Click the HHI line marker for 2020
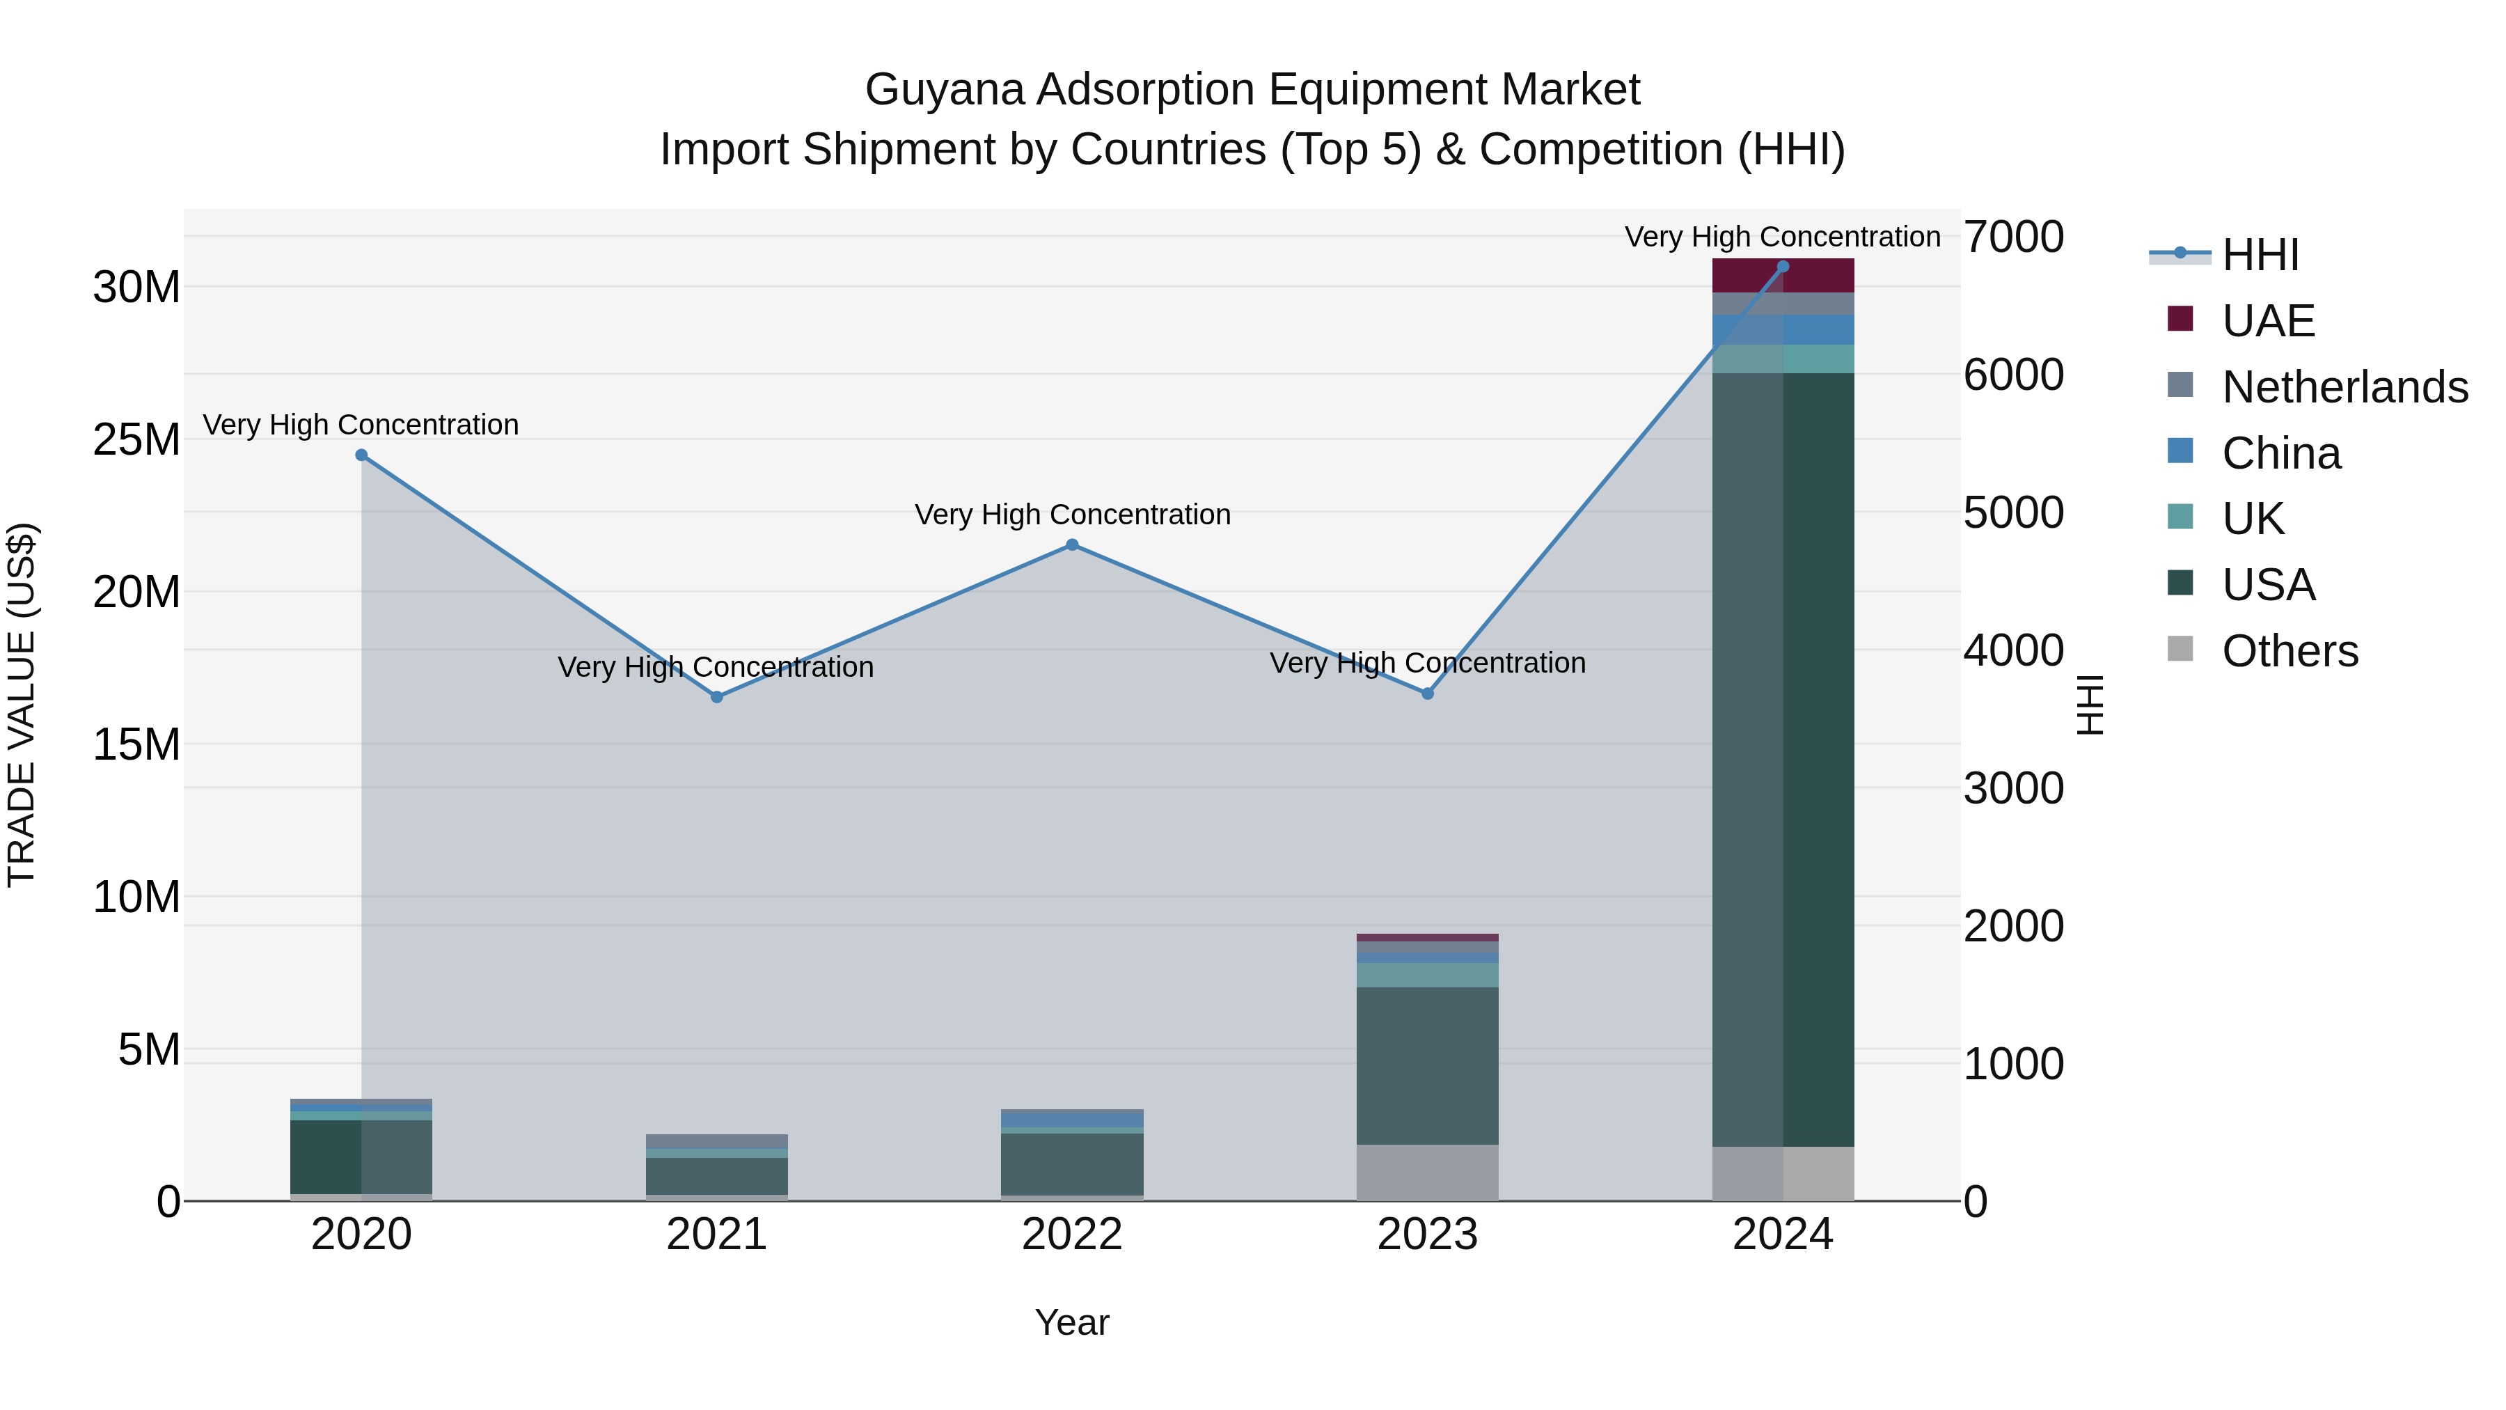361,455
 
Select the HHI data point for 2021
717,697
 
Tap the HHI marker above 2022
1072,545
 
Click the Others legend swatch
2180,649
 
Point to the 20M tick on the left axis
136,592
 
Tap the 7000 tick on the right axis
2012,237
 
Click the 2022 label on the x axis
1072,1235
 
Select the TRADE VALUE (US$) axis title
22,705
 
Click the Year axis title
1072,1322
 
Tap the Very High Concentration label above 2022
1072,515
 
